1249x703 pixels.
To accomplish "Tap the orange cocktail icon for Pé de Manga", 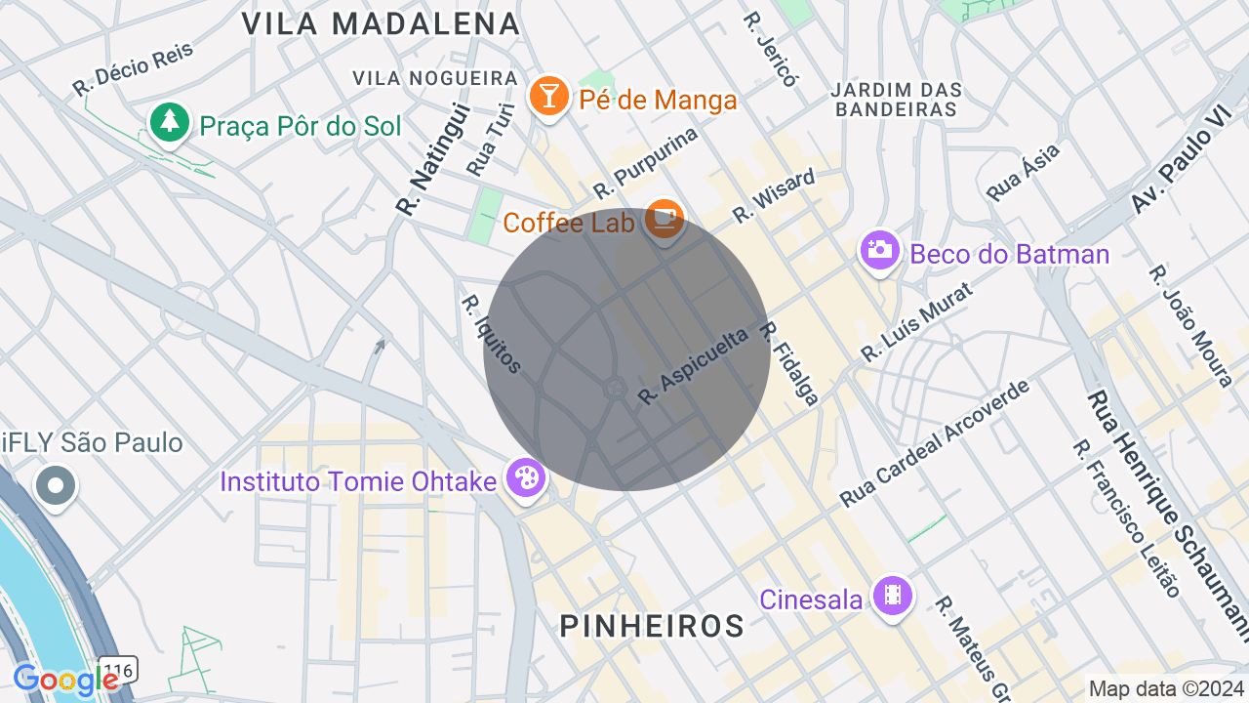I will pos(549,96).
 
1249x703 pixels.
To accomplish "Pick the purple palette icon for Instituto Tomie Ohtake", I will pos(526,478).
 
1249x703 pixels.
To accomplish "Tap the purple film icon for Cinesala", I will pos(892,595).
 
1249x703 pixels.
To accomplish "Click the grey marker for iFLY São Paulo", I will pos(56,484).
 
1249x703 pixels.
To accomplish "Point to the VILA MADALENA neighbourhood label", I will pos(381,23).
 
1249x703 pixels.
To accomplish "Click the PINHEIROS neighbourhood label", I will pos(652,626).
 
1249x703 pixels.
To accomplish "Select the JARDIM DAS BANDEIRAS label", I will pos(897,100).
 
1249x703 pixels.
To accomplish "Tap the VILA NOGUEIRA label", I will pos(435,78).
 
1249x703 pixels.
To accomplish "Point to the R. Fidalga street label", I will pos(788,363).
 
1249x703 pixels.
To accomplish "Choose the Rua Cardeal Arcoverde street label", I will pos(935,444).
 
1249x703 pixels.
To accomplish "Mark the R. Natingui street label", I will pos(433,160).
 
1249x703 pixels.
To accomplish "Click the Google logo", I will pos(65,681).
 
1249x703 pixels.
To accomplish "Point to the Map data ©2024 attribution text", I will pos(1167,688).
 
